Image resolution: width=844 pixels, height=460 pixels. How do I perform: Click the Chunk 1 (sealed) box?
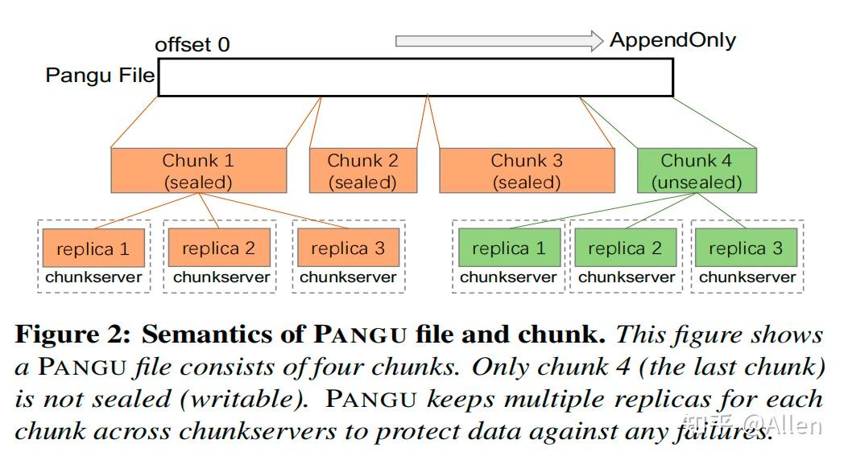pyautogui.click(x=198, y=170)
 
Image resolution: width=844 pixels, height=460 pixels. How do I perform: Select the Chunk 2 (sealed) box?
pyautogui.click(x=362, y=170)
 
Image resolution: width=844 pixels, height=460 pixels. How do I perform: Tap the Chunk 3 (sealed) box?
pyautogui.click(x=526, y=170)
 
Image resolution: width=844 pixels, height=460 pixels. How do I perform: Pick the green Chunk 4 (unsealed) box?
pyautogui.click(x=696, y=170)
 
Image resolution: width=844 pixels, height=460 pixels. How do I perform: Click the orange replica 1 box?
pyautogui.click(x=93, y=248)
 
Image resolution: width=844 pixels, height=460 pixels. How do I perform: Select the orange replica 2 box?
pyautogui.click(x=219, y=248)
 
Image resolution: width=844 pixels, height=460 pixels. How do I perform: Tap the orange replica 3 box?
pyautogui.click(x=348, y=248)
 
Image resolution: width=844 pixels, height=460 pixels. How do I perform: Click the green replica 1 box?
pyautogui.click(x=508, y=248)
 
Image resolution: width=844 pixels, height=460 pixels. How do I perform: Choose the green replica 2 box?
pyautogui.click(x=625, y=248)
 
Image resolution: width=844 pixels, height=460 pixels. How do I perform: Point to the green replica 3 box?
pyautogui.click(x=746, y=248)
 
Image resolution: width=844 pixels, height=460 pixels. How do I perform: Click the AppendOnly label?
pyautogui.click(x=672, y=40)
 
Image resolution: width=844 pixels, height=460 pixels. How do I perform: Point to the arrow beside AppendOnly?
pyautogui.click(x=499, y=40)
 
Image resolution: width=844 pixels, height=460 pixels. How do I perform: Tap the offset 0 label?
pyautogui.click(x=192, y=44)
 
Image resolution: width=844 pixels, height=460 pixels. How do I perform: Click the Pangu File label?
pyautogui.click(x=100, y=76)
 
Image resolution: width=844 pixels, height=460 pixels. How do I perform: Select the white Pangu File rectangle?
pyautogui.click(x=416, y=77)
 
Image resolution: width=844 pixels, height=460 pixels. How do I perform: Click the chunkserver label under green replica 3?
pyautogui.click(x=747, y=277)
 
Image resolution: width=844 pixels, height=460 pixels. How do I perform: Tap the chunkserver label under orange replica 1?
pyautogui.click(x=93, y=277)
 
